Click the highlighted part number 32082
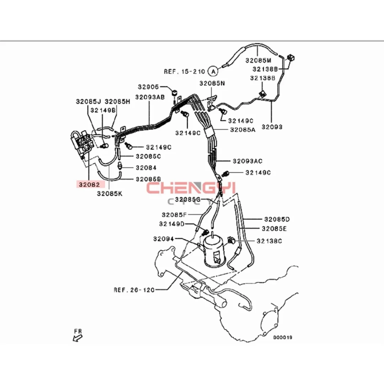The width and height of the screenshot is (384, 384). click(x=89, y=184)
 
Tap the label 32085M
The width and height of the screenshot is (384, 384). click(x=258, y=60)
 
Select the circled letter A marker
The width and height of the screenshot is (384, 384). click(x=213, y=71)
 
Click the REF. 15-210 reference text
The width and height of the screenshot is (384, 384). click(x=184, y=71)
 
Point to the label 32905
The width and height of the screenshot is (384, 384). click(x=148, y=87)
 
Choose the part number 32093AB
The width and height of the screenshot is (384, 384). click(x=150, y=97)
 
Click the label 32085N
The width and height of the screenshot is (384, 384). click(x=212, y=83)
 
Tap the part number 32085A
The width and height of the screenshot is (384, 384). click(x=243, y=129)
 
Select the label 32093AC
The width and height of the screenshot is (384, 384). click(x=247, y=161)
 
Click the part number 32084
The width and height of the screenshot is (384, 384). click(x=146, y=167)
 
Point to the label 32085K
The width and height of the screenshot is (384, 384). click(x=110, y=193)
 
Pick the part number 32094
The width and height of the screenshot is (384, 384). click(x=163, y=239)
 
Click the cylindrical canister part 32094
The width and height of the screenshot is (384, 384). click(x=214, y=251)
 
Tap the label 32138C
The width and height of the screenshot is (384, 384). click(x=269, y=241)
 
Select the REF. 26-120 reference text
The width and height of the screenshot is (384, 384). click(x=134, y=290)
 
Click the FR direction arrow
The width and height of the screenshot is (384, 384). click(x=78, y=338)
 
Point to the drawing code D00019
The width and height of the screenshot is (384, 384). click(x=283, y=337)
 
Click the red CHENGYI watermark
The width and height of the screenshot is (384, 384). click(x=191, y=188)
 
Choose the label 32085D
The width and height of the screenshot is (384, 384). click(x=277, y=219)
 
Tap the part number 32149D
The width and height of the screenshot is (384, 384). click(x=172, y=224)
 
